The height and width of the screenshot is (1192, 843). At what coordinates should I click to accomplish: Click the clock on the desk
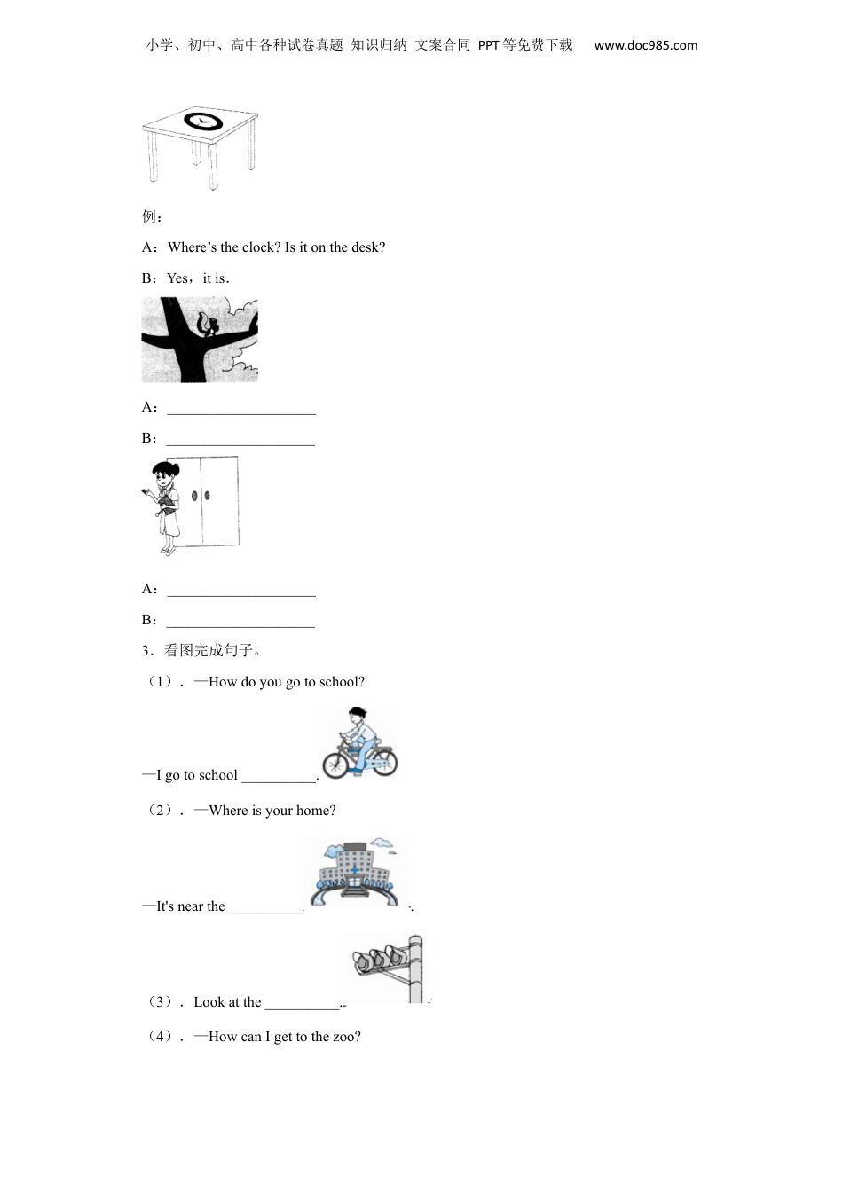203,121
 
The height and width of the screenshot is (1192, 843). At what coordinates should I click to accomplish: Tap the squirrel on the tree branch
207,325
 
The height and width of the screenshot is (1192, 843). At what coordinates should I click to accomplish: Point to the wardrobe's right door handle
207,496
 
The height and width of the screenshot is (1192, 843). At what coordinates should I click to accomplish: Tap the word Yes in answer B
177,278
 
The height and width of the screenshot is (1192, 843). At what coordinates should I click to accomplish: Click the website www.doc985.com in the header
646,45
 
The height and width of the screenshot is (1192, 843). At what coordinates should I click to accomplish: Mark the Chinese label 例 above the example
148,216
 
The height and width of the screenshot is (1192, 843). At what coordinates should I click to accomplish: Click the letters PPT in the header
488,45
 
